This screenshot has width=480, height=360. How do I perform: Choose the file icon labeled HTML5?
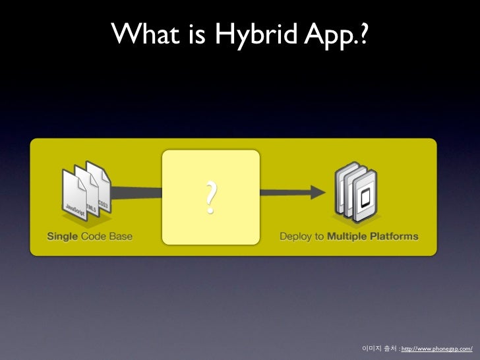(x=88, y=192)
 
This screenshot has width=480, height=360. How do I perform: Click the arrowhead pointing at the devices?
(x=318, y=192)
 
